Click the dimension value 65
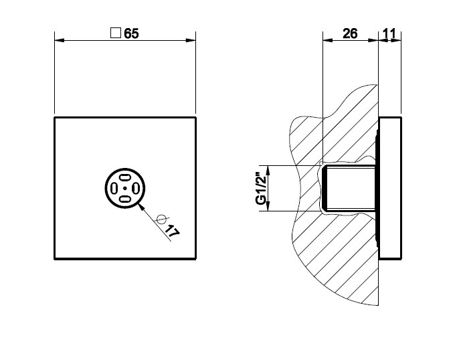click(131, 33)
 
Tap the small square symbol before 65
click(116, 33)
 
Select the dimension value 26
click(350, 33)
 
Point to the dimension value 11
click(389, 33)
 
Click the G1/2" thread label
click(261, 188)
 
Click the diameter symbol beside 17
click(162, 219)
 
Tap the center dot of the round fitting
click(125, 188)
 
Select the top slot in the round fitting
click(125, 177)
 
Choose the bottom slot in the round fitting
click(125, 199)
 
